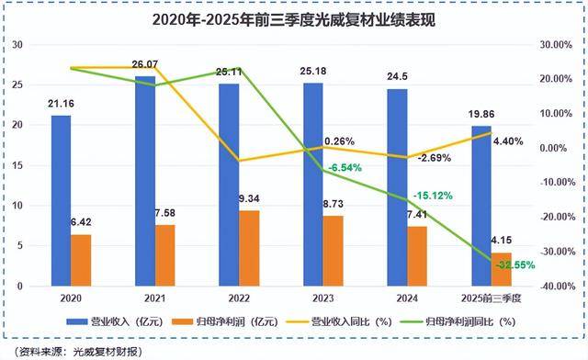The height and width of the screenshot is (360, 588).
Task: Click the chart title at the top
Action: coord(294,17)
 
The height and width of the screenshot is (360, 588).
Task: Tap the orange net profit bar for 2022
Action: coord(249,248)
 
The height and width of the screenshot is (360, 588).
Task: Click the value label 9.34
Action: coord(250,199)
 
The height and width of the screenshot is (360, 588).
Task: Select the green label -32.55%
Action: coord(517,265)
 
